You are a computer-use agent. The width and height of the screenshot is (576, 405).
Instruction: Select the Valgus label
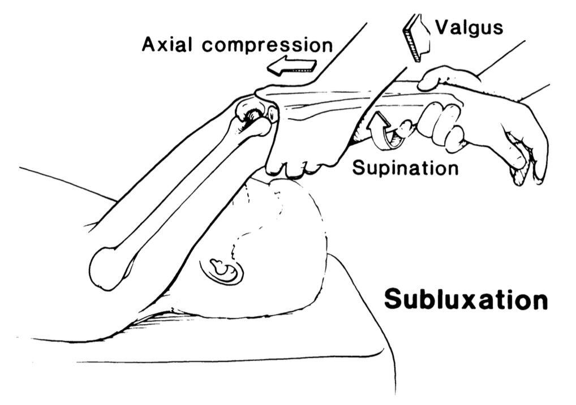468,27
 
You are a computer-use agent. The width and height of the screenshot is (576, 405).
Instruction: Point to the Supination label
405,167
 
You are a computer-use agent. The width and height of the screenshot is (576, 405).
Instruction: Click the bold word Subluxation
466,299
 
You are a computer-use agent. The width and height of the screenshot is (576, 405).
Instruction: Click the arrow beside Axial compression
292,66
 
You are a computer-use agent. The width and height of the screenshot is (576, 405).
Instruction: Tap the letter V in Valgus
441,27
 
